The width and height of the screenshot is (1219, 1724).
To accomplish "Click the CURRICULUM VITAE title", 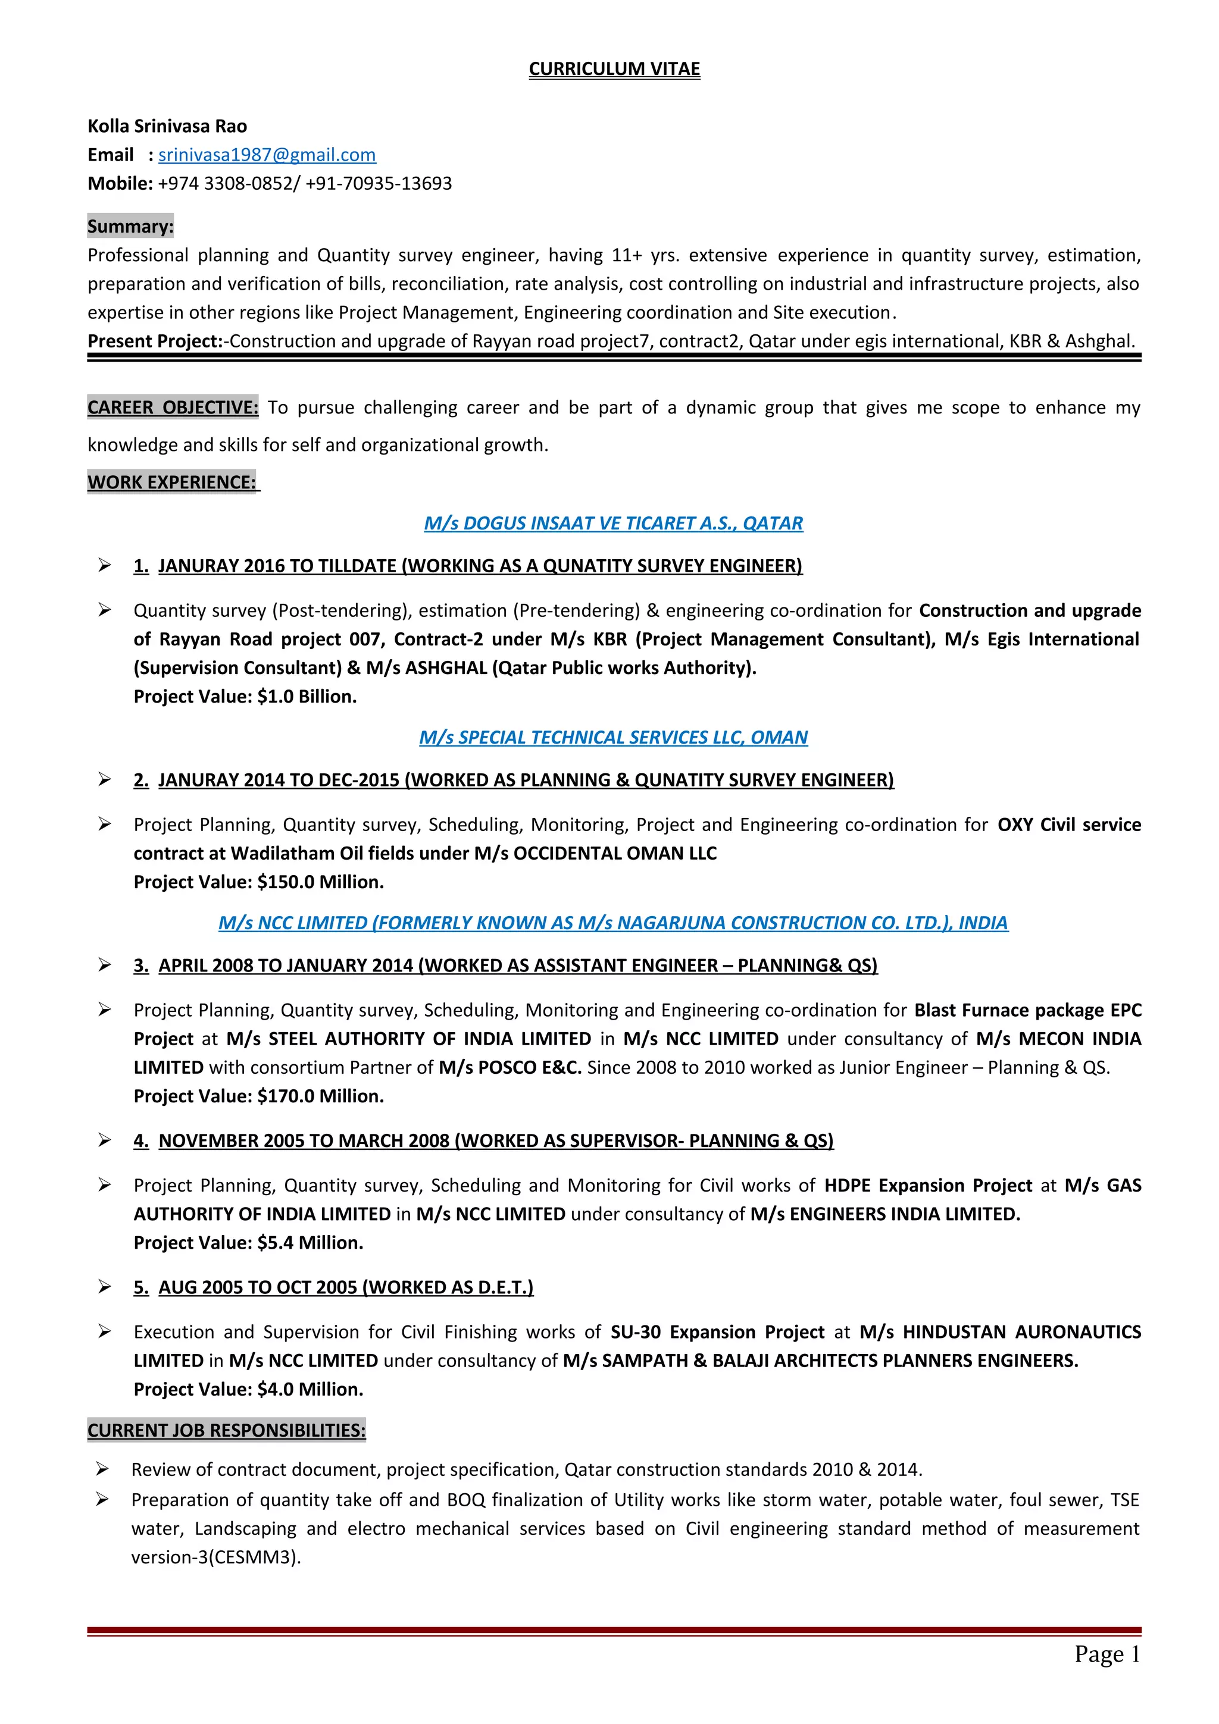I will click(x=614, y=69).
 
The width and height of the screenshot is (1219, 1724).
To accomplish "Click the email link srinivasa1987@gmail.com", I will click(x=267, y=155).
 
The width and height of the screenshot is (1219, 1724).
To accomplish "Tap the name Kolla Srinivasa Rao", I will click(x=167, y=126).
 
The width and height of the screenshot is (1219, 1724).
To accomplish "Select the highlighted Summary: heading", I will click(x=130, y=226).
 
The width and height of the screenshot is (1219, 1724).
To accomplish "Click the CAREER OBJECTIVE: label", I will click(x=173, y=408).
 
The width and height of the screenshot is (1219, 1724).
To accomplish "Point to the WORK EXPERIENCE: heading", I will click(x=172, y=482).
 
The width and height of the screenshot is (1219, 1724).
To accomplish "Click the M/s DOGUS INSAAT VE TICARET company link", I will click(x=613, y=524).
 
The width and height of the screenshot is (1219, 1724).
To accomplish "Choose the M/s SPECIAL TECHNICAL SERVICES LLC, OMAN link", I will click(x=613, y=737).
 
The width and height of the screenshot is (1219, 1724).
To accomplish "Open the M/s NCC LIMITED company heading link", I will click(x=613, y=923).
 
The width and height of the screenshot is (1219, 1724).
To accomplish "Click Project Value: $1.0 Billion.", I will click(x=245, y=697).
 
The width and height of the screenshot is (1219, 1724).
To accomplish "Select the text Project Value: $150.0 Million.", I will click(x=258, y=882).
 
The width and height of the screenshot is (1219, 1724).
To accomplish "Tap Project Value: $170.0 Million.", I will click(x=258, y=1096).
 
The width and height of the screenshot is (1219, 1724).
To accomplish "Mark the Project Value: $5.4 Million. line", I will click(x=248, y=1243).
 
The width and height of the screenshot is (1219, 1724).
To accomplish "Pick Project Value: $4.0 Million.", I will click(x=248, y=1389).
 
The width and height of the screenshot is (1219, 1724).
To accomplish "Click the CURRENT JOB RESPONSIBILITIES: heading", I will click(x=226, y=1430).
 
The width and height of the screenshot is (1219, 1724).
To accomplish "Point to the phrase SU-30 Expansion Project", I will click(x=717, y=1332).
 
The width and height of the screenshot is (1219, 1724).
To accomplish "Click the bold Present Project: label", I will click(x=155, y=341).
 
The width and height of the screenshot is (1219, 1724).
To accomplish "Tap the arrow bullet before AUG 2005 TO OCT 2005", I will click(x=104, y=1287).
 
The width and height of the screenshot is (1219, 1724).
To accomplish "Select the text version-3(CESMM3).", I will click(x=215, y=1557).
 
